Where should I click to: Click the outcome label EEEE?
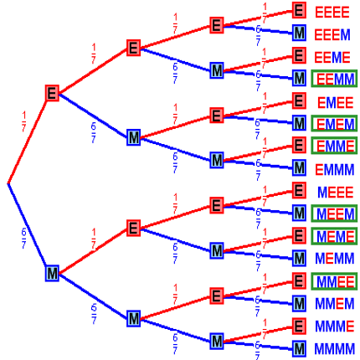coord(332,13)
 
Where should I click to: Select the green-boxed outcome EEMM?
coord(334,79)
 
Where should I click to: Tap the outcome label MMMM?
coord(335,349)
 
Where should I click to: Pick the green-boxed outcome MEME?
coord(334,236)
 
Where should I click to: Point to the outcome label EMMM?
coord(335,169)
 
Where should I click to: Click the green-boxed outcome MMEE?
coord(334,281)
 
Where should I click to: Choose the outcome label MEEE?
coord(335,193)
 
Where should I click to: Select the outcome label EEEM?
coord(332,35)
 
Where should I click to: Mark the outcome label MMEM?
coord(335,304)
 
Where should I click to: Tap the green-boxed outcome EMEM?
coord(334,124)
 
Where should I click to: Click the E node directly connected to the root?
coord(52,93)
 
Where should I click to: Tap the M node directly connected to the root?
coord(52,273)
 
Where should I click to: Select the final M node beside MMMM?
coord(299,349)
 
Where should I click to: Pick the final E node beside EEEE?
coord(299,10)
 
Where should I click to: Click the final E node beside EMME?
coord(299,146)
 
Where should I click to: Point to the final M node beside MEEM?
coord(299,213)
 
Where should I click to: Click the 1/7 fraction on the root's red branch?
coord(24,121)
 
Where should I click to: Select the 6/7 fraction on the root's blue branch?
coord(24,239)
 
